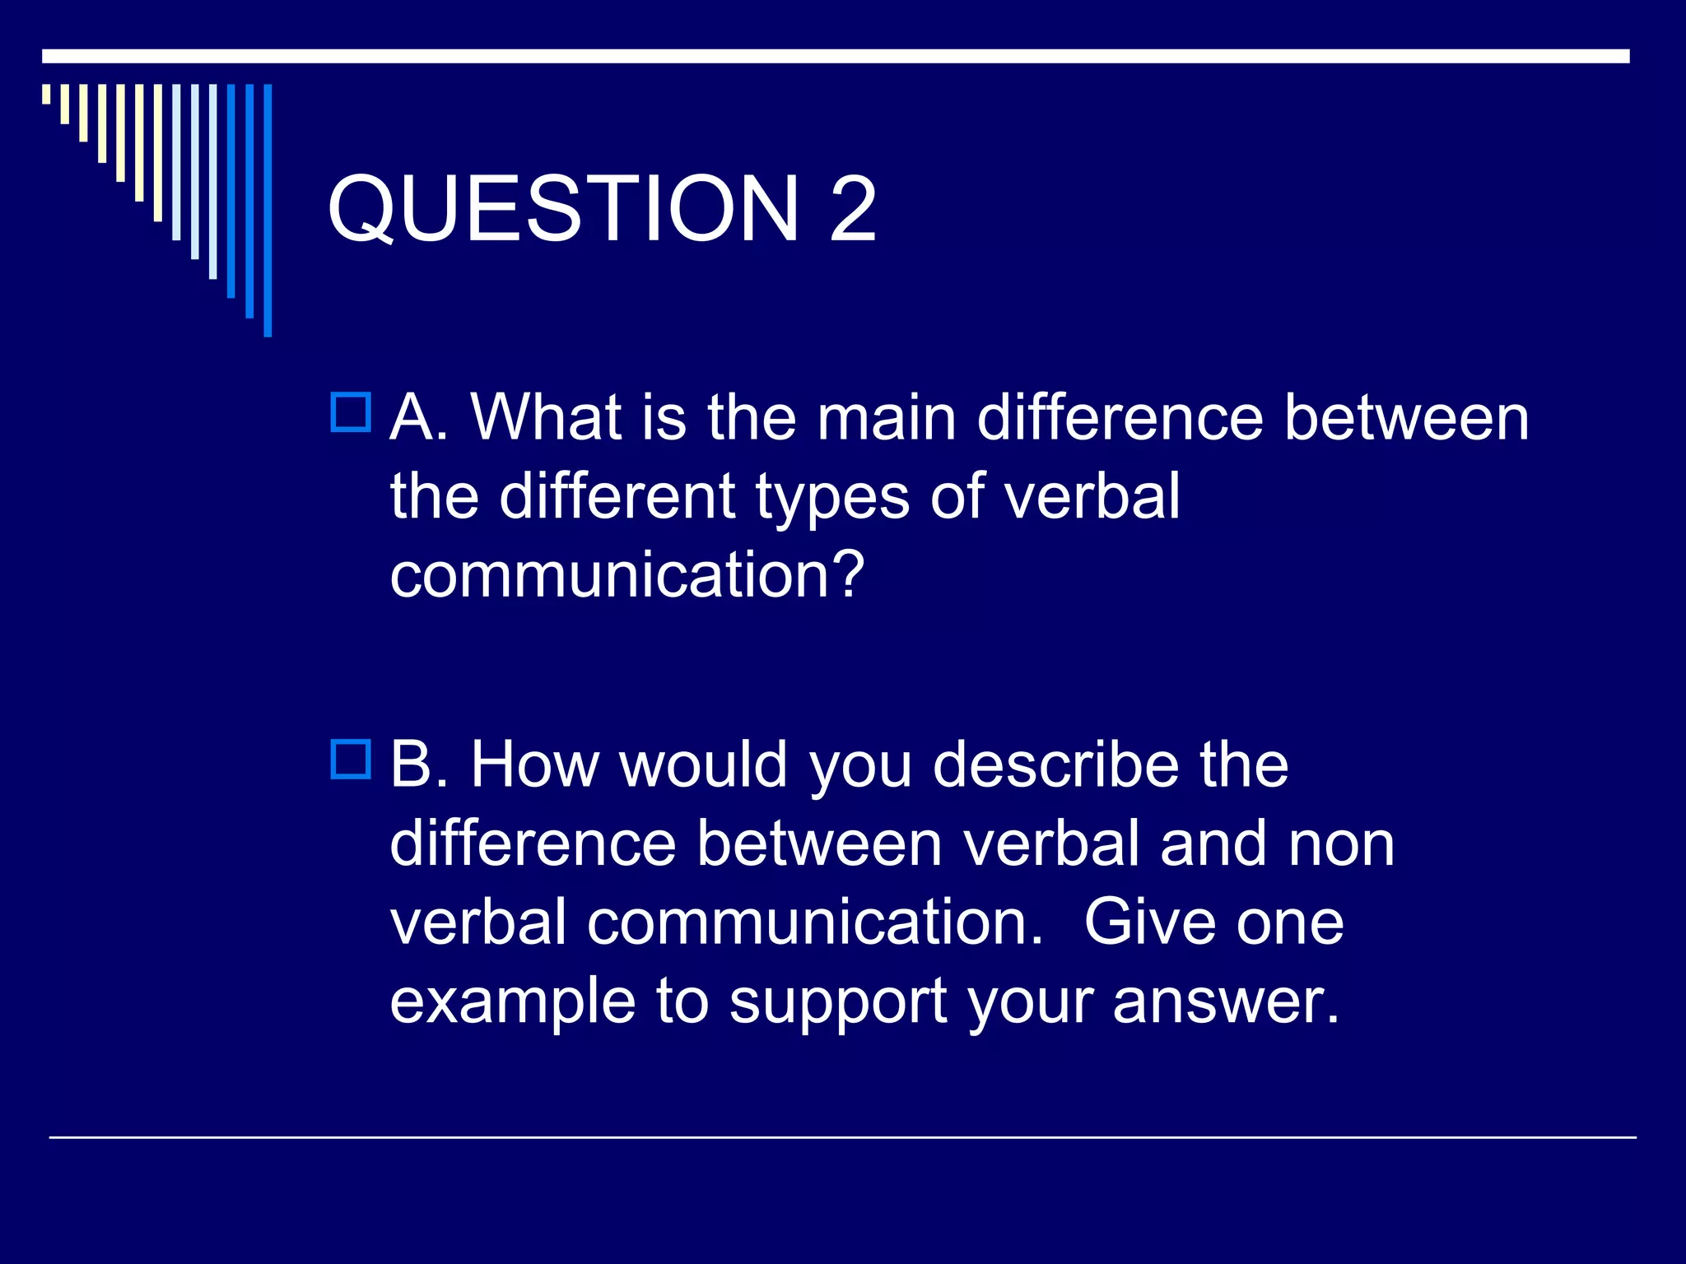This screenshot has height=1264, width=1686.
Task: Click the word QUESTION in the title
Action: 564,209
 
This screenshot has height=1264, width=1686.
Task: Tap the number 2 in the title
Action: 853,209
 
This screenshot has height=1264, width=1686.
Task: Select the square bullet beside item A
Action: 351,412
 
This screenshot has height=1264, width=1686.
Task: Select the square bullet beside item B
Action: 351,760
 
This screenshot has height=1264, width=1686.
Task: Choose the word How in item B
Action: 534,764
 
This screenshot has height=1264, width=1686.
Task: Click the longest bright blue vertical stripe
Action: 268,210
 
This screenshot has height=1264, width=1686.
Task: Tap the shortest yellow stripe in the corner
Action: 46,94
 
